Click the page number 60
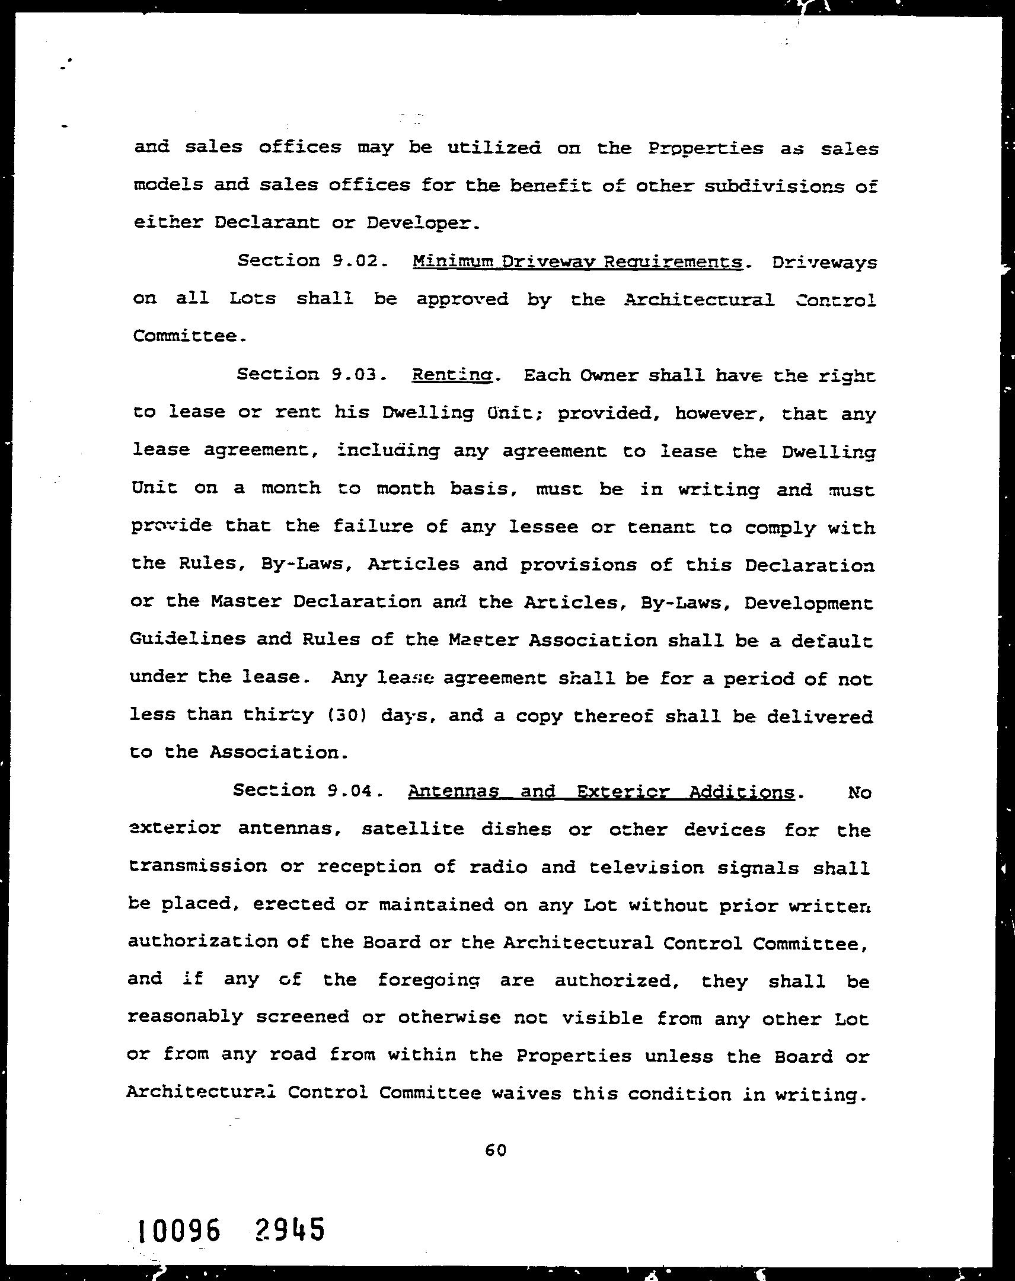495,1151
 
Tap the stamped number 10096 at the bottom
179,1230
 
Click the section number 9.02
354,261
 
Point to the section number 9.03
354,375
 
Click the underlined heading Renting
452,376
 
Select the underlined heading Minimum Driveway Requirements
577,262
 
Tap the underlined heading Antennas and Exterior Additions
601,792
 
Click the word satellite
413,829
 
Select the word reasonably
185,1017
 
